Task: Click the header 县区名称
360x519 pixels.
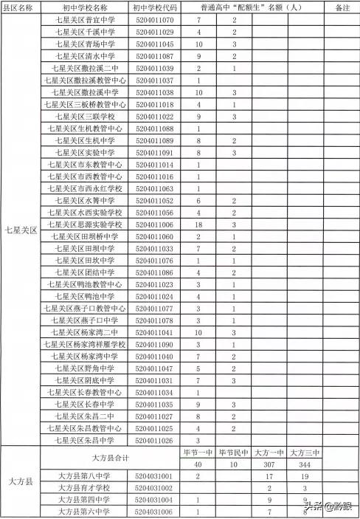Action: (x=20, y=7)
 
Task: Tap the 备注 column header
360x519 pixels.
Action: (x=342, y=7)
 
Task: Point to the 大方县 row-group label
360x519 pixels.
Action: (x=20, y=481)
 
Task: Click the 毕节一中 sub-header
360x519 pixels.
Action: (x=198, y=453)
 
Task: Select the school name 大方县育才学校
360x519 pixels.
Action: (x=84, y=488)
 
